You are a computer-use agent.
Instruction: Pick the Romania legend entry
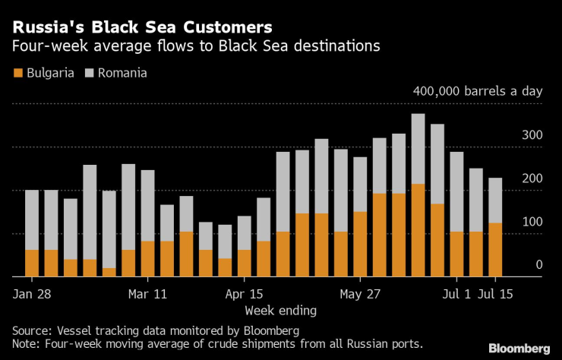pyautogui.click(x=114, y=73)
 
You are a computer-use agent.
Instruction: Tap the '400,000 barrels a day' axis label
pyautogui.click(x=478, y=91)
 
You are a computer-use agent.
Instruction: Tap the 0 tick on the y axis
pyautogui.click(x=538, y=265)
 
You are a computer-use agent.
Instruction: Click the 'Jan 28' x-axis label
pyautogui.click(x=32, y=293)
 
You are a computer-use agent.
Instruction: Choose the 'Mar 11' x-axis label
pyautogui.click(x=147, y=293)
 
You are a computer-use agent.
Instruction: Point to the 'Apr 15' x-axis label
pyautogui.click(x=244, y=293)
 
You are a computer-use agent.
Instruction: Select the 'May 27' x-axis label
pyautogui.click(x=360, y=293)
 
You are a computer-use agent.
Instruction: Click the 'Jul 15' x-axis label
pyautogui.click(x=495, y=293)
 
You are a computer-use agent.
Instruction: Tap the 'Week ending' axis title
pyautogui.click(x=280, y=311)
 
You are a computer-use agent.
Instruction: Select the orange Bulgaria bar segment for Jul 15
pyautogui.click(x=495, y=249)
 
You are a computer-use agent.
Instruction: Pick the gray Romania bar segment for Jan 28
pyautogui.click(x=32, y=220)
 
